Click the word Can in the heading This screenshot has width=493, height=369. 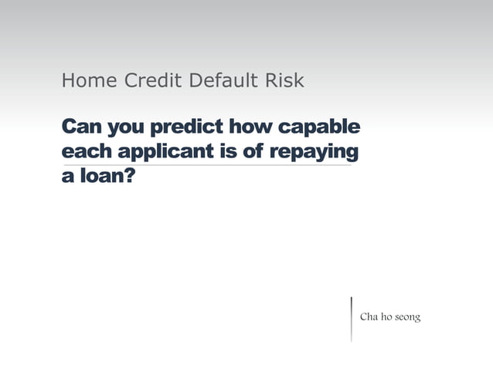(x=80, y=126)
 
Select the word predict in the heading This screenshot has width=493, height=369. (x=186, y=126)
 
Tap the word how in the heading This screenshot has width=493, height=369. (x=250, y=126)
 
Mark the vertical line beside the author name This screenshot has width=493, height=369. (x=352, y=318)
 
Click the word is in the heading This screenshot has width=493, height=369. (x=228, y=151)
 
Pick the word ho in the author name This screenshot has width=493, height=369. (x=386, y=317)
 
